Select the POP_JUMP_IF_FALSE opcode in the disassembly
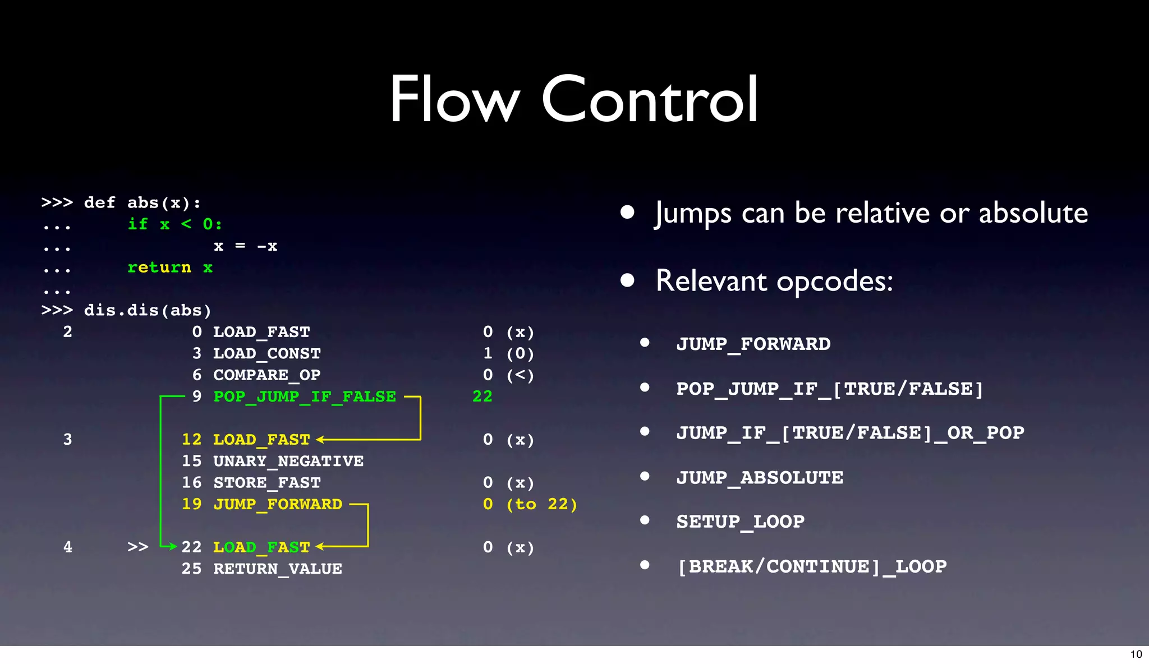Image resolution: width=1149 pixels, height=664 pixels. (305, 396)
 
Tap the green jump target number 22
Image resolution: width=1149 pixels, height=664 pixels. (482, 396)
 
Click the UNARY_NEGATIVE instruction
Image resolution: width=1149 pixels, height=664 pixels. (288, 461)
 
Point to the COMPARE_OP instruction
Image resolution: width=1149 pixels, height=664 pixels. (266, 375)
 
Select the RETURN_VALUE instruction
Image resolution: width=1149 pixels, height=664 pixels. (278, 569)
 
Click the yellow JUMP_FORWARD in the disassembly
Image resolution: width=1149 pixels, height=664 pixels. (278, 504)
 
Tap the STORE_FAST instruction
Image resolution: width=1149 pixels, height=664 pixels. (266, 483)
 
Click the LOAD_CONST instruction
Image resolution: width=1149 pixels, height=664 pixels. (266, 353)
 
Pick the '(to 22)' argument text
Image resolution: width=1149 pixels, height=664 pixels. (541, 504)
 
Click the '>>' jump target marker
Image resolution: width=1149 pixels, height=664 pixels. (137, 547)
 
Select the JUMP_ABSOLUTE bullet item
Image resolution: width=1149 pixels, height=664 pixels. (760, 478)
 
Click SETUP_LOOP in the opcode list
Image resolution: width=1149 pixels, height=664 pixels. (741, 522)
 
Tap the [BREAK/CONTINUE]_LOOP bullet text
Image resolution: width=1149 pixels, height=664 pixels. (812, 566)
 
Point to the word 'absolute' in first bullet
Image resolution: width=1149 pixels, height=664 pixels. (1033, 213)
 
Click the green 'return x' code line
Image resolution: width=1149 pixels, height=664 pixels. (170, 268)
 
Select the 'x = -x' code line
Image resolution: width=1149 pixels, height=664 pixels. (245, 246)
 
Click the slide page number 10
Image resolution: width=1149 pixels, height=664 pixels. (1136, 654)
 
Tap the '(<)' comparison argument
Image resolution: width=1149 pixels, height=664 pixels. (520, 375)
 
